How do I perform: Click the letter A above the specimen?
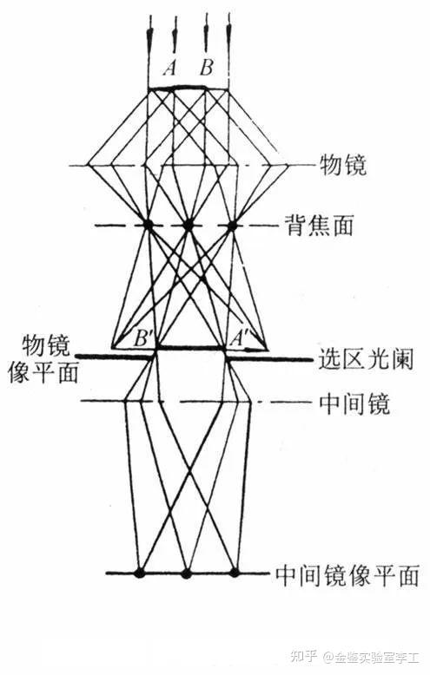[x=169, y=68]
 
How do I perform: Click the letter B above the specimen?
[x=207, y=67]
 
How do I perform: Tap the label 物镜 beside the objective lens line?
[x=343, y=165]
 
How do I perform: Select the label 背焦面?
[x=319, y=225]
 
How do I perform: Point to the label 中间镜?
[x=354, y=403]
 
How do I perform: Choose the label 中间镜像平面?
[x=347, y=574]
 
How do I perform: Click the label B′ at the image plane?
[x=141, y=339]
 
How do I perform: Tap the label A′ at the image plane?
[x=237, y=339]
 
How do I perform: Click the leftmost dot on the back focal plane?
[x=149, y=225]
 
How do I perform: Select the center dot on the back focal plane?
[x=188, y=225]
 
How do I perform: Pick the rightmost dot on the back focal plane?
[x=233, y=225]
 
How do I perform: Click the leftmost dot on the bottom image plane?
[x=139, y=573]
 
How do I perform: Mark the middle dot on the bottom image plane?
[x=186, y=573]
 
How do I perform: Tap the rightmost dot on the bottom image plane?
[x=235, y=573]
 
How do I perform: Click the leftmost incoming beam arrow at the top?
[x=149, y=34]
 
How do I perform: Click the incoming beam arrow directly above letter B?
[x=207, y=32]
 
